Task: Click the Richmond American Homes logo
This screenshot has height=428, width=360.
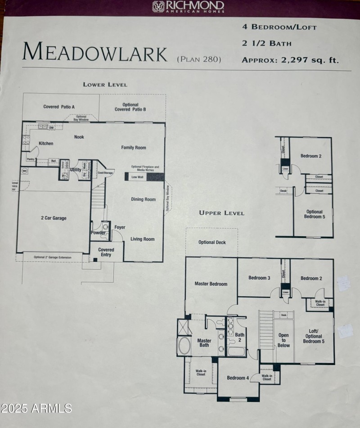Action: point(188,6)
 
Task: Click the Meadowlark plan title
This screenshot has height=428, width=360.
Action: point(95,52)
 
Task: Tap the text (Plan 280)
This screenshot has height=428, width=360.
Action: point(199,59)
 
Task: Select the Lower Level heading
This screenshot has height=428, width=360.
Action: point(105,84)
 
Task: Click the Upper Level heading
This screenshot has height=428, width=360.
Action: point(222,213)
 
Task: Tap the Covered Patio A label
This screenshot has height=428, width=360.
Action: point(59,107)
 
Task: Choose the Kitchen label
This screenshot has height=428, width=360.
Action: point(46,144)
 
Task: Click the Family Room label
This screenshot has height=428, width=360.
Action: point(134,148)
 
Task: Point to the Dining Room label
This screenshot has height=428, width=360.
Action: point(143,199)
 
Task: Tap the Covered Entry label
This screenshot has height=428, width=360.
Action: point(106,252)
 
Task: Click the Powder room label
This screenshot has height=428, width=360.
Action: point(98,233)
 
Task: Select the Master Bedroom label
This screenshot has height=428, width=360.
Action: point(211,284)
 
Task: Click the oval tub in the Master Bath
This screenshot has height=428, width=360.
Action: point(184,346)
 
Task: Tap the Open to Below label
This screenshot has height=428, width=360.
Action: point(283,340)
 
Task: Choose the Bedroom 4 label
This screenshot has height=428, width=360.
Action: point(238,378)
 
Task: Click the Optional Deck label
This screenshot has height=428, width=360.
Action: point(212,243)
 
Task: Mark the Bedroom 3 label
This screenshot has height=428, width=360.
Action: point(259,278)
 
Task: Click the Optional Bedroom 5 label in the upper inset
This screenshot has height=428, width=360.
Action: point(315,214)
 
